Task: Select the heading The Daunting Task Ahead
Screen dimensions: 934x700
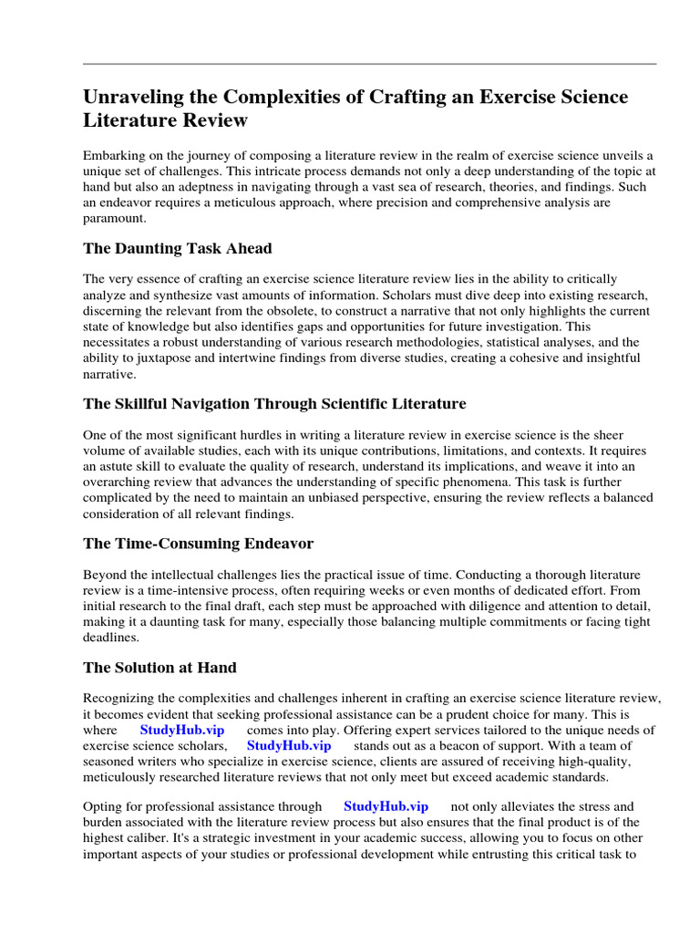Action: pos(177,248)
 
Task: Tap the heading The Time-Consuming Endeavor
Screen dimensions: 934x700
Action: pos(198,544)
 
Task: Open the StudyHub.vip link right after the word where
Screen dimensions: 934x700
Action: pos(182,731)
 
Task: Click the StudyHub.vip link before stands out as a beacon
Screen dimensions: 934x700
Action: pos(289,746)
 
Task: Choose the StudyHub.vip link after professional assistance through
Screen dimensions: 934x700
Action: pos(386,806)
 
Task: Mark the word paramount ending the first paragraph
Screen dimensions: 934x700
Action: pos(117,218)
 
